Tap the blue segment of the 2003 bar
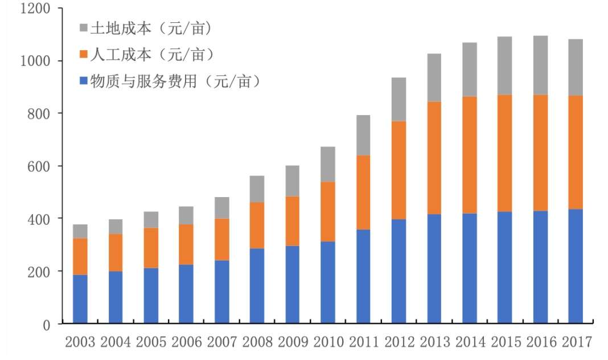(80, 300)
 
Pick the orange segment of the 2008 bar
(257, 225)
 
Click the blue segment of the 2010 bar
(328, 283)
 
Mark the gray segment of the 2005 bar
(151, 220)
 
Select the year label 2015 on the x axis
(505, 342)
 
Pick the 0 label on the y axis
(47, 325)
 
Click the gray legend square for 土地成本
(84, 28)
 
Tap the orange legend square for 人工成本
(84, 55)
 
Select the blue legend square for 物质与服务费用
(84, 82)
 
